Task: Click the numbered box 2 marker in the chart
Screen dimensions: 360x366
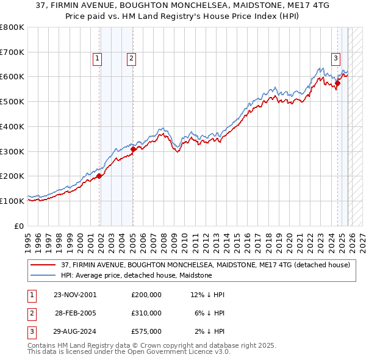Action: click(x=131, y=59)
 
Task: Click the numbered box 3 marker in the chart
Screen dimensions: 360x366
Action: click(x=335, y=59)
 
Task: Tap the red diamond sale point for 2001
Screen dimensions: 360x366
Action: click(x=99, y=176)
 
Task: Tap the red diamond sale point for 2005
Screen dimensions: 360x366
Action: click(x=134, y=148)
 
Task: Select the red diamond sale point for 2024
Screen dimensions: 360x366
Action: click(x=337, y=83)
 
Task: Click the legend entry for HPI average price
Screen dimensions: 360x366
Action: click(x=136, y=275)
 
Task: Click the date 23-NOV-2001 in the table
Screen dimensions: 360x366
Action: click(x=75, y=294)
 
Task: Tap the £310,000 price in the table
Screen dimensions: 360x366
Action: click(x=146, y=312)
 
